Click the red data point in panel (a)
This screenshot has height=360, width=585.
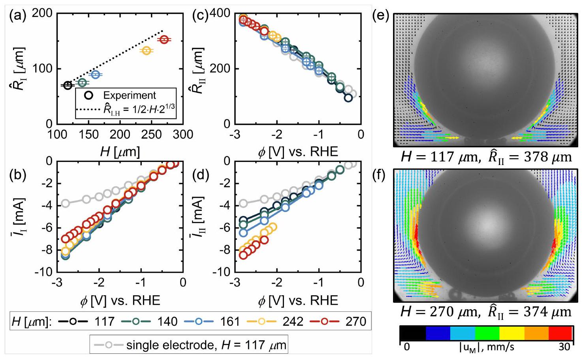point(164,39)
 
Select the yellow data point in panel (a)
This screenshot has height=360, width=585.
point(147,51)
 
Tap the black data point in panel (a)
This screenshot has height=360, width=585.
point(68,85)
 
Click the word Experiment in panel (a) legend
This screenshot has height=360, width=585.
point(130,96)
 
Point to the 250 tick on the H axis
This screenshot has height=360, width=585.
point(151,134)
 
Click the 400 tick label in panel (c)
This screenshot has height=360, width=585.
point(219,13)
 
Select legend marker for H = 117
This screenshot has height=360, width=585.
point(73,321)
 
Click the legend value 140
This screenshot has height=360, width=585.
point(167,321)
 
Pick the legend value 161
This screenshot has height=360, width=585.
point(230,321)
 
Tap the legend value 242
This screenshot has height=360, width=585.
point(293,321)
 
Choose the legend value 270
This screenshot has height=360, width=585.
point(356,321)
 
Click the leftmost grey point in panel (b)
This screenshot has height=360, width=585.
point(66,203)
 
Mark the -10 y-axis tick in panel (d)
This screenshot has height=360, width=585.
point(223,272)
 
